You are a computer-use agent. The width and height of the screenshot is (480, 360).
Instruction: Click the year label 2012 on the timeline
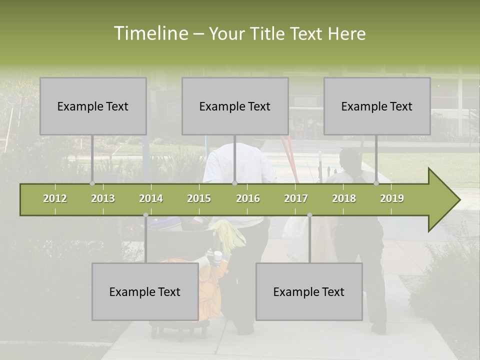pos(55,198)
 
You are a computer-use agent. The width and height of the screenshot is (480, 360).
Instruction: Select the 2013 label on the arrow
pos(103,198)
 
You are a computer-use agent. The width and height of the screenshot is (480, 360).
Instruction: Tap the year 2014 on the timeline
pos(151,198)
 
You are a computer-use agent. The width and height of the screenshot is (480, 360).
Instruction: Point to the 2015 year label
pos(199,198)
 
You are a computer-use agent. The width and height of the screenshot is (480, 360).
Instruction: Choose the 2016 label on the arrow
pos(248,198)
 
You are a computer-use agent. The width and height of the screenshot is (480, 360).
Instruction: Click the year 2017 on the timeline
pos(296,198)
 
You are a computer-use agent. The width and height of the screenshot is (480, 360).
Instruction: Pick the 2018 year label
pos(344,198)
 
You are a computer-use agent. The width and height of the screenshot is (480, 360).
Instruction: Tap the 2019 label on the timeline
pos(392,198)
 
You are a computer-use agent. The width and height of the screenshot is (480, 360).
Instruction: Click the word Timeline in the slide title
pos(150,33)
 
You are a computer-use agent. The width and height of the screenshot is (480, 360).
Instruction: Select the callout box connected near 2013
pos(93,106)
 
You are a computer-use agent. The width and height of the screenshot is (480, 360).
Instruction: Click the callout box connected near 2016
pos(235,106)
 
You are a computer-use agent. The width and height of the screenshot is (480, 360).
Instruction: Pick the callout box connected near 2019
pos(377,106)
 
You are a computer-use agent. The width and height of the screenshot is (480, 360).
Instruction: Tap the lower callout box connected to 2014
pos(145,291)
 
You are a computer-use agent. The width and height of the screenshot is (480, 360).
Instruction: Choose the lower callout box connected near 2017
pos(309,291)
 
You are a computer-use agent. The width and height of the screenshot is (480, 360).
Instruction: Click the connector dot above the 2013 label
pos(92,183)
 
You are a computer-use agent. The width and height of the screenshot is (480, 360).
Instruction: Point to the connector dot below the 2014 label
pos(145,215)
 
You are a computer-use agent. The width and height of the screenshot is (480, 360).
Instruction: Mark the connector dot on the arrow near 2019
pos(376,183)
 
